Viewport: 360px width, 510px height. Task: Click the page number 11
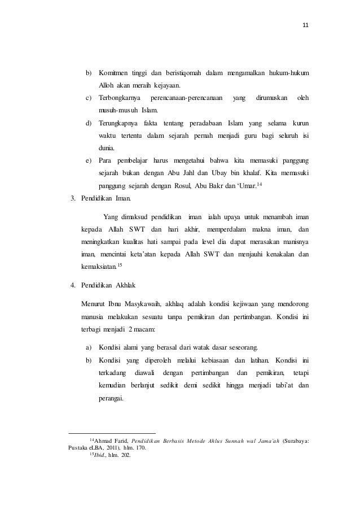point(306,25)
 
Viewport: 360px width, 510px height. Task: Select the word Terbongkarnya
point(120,98)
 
